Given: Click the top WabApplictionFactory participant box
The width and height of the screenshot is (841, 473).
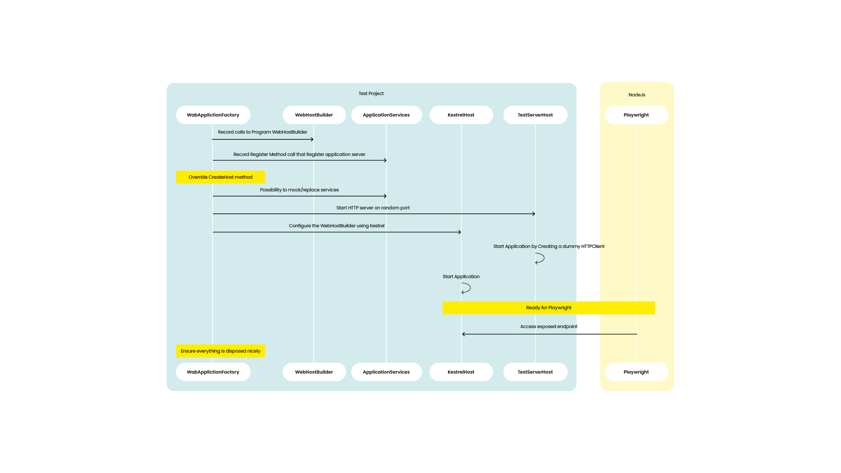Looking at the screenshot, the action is [213, 115].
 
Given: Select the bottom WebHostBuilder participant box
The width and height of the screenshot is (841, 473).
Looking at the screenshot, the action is [314, 372].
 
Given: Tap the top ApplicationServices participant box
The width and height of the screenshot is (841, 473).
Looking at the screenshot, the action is [386, 115].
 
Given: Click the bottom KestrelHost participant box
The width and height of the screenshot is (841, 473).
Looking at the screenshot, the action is [461, 372].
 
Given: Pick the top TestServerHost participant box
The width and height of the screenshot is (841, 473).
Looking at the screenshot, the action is [535, 115].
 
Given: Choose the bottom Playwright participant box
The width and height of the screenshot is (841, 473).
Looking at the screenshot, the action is [636, 372].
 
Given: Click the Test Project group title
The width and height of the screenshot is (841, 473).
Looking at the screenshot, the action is [371, 93].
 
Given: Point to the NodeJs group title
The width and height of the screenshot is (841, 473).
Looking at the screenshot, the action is [637, 95].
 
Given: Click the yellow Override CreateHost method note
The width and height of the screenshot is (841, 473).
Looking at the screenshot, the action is [220, 177].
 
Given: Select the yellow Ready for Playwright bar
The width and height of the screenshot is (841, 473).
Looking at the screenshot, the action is [549, 307].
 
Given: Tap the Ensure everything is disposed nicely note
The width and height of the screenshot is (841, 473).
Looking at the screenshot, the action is [220, 351].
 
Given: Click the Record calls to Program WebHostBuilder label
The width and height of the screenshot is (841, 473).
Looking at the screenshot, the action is [262, 132].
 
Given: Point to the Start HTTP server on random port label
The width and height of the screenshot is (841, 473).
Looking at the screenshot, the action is [373, 208].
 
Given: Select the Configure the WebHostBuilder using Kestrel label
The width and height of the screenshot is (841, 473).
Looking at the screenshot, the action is [336, 226].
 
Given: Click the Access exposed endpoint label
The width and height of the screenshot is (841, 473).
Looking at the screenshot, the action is [549, 326].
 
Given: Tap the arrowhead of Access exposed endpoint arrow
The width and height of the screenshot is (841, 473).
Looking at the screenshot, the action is [463, 334].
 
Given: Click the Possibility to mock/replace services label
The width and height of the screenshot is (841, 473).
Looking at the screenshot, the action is [299, 190].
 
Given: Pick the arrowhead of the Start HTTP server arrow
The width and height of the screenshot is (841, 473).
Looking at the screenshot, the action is [534, 214].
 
